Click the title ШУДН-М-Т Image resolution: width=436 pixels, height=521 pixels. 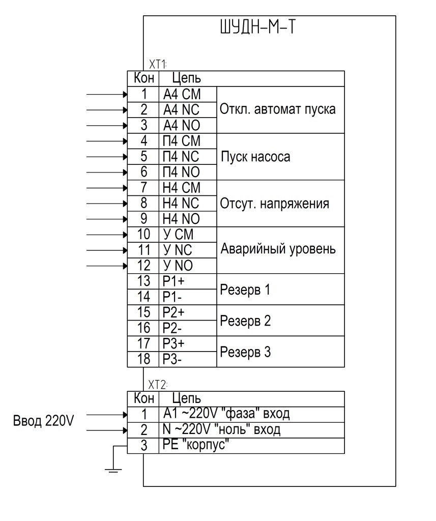coord(257,27)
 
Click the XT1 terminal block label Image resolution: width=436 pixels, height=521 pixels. coord(158,64)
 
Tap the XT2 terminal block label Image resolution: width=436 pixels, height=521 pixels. coord(158,385)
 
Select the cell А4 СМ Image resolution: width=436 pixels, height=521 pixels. coord(182,94)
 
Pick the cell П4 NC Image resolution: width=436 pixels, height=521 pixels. coord(181,157)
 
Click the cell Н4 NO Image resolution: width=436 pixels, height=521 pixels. coord(181,219)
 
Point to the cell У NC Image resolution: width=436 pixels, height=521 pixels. coord(178,250)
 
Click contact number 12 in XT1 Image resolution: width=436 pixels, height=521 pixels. coord(143,266)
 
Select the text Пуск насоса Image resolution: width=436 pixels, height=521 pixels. coord(255,157)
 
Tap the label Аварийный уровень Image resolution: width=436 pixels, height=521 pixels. coord(278,249)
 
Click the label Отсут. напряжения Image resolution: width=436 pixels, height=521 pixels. coord(274,204)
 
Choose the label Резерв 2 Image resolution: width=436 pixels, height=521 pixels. coord(245,321)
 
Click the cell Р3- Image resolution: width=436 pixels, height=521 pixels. coord(172,359)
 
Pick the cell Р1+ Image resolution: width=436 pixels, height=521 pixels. coord(173,281)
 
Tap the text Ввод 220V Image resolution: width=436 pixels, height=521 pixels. coord(43,421)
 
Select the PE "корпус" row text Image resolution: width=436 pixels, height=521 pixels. coord(196,445)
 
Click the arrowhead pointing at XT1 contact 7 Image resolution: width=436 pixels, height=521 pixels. coord(125,188)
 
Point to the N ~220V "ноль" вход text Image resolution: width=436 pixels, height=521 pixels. coord(221,429)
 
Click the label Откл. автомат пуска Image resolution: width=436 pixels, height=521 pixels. coord(277,109)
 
